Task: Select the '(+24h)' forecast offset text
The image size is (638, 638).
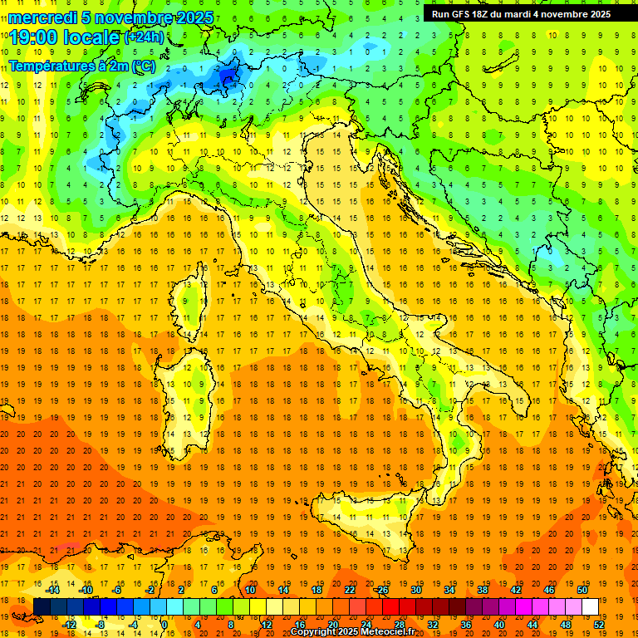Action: [144, 37]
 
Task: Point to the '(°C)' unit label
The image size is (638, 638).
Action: [142, 65]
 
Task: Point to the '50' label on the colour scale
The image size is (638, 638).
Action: [582, 590]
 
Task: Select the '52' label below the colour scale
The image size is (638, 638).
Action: [599, 624]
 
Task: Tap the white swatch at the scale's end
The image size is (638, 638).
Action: [590, 606]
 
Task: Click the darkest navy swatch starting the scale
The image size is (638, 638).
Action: [42, 606]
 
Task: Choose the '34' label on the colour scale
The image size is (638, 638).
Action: [449, 590]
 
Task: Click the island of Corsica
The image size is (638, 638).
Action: [189, 303]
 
